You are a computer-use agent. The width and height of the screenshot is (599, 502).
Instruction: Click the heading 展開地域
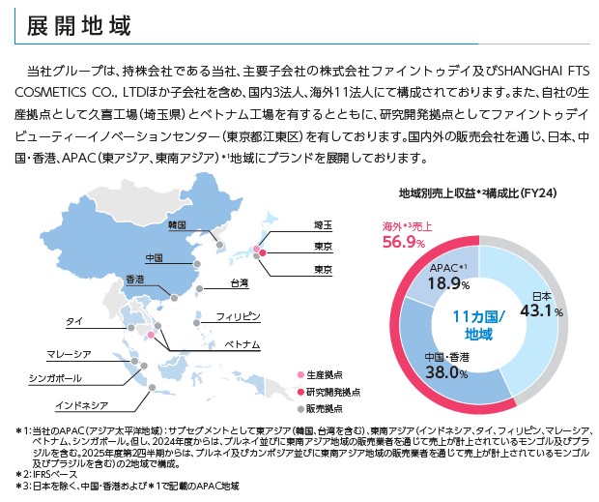(73, 23)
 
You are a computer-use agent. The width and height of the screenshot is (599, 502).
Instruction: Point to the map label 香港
(134, 280)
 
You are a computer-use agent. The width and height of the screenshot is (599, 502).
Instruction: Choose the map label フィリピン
(238, 316)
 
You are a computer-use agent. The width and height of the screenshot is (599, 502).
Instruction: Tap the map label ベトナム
(242, 344)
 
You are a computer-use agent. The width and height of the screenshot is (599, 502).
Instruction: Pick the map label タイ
(73, 319)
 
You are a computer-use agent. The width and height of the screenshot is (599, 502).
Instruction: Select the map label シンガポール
(60, 377)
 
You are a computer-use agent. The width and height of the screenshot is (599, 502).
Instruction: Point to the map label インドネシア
(81, 404)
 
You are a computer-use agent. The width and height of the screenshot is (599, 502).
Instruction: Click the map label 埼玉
(323, 224)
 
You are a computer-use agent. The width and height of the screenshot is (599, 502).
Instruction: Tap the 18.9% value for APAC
(448, 283)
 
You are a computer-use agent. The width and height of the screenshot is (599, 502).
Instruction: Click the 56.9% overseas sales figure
(405, 241)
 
